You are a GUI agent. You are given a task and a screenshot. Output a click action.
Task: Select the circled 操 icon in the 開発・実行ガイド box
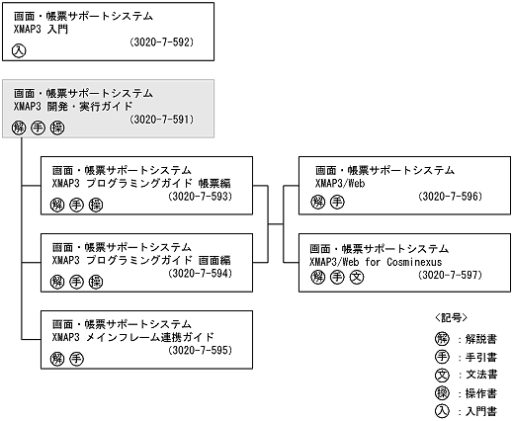click(56, 126)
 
